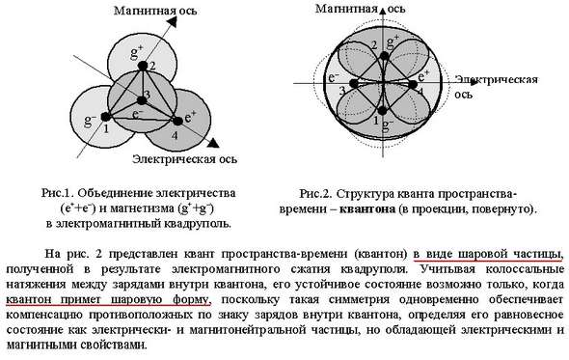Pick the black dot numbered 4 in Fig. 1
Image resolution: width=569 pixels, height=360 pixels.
176,122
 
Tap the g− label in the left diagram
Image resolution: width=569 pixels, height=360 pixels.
89,121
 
